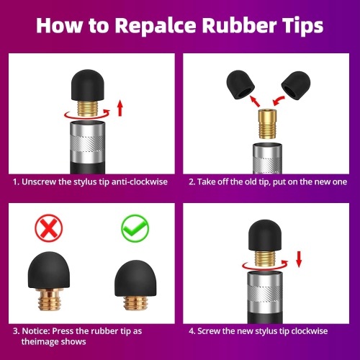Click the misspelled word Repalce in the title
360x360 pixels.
point(156,26)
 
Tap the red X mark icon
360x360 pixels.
point(49,228)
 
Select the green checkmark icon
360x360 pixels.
point(135,228)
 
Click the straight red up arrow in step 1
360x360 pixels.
point(120,109)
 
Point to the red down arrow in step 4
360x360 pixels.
point(299,259)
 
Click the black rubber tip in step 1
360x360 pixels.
point(88,85)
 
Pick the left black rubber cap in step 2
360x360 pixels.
point(240,85)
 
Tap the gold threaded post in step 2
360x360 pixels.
point(268,124)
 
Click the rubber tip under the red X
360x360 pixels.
point(49,270)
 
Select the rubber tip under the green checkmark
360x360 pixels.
point(135,279)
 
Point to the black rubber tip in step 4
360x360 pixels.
point(264,235)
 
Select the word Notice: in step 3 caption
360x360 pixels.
point(36,331)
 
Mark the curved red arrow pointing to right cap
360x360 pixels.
point(279,101)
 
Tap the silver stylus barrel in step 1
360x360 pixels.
point(88,143)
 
